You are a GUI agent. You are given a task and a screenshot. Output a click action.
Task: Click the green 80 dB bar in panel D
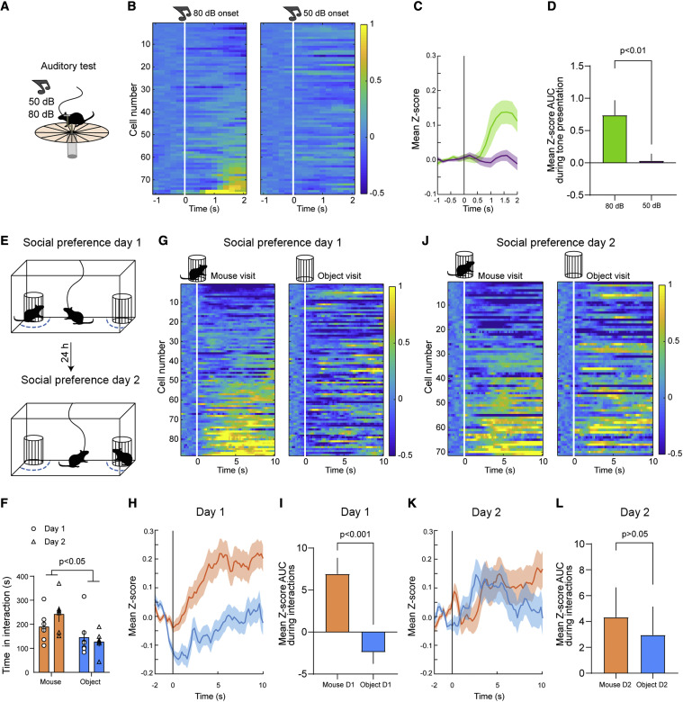[x=583, y=139]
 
